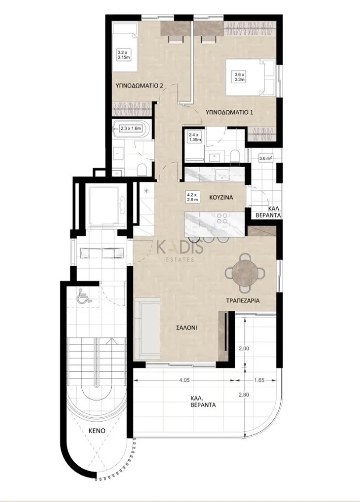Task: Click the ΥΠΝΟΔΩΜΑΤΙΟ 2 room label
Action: click(139, 86)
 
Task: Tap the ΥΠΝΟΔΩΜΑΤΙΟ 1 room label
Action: click(229, 112)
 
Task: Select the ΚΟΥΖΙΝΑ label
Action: click(221, 198)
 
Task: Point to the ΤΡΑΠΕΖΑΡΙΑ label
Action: click(242, 301)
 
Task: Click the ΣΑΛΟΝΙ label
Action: click(187, 328)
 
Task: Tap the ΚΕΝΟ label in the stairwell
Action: click(97, 430)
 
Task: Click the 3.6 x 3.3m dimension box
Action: click(239, 77)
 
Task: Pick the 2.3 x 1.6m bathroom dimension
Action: click(131, 128)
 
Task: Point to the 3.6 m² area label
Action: click(265, 157)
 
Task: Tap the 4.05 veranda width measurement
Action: click(184, 380)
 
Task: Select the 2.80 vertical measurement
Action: click(244, 395)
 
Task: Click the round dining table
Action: click(245, 273)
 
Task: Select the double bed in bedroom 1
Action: click(251, 77)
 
